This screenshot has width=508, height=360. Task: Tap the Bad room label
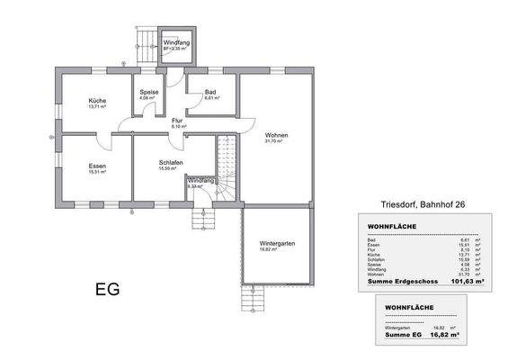pos(210,92)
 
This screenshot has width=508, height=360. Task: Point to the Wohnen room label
pos(274,135)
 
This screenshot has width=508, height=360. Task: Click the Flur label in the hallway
pos(178,120)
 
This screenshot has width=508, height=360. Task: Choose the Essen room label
pos(97,166)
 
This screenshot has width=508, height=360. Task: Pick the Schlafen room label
pos(171,163)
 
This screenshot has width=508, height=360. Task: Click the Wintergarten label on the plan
pos(277,244)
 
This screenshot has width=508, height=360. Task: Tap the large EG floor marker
pos(107,290)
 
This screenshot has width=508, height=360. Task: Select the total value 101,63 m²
pos(466,282)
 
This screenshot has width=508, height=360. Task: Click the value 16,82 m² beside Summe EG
pos(441,335)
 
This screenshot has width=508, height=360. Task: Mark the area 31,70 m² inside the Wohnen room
pos(274,141)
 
